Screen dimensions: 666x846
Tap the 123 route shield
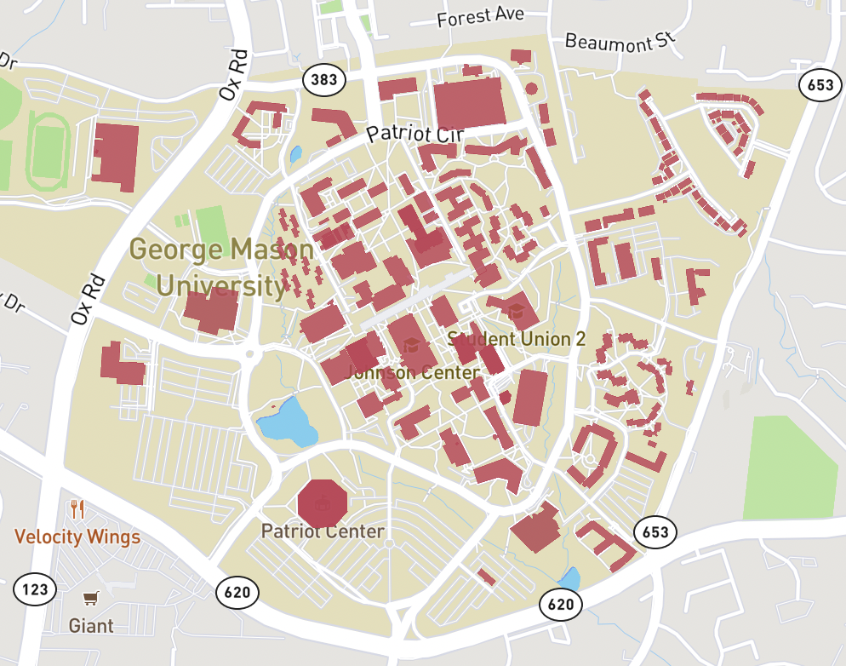(35, 588)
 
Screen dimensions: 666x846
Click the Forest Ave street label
(480, 17)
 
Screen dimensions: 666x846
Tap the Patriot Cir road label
(414, 134)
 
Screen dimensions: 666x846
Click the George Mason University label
(221, 267)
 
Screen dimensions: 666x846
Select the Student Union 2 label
(516, 339)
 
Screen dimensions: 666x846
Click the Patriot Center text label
(323, 531)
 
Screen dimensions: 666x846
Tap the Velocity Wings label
(77, 537)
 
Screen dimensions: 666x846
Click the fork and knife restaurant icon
(78, 510)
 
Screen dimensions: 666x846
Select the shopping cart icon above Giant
(90, 599)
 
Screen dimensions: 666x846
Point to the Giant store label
(91, 626)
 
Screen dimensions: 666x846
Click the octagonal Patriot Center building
(323, 502)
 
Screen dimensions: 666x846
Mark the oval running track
(48, 151)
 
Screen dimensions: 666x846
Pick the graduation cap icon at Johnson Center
(412, 345)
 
